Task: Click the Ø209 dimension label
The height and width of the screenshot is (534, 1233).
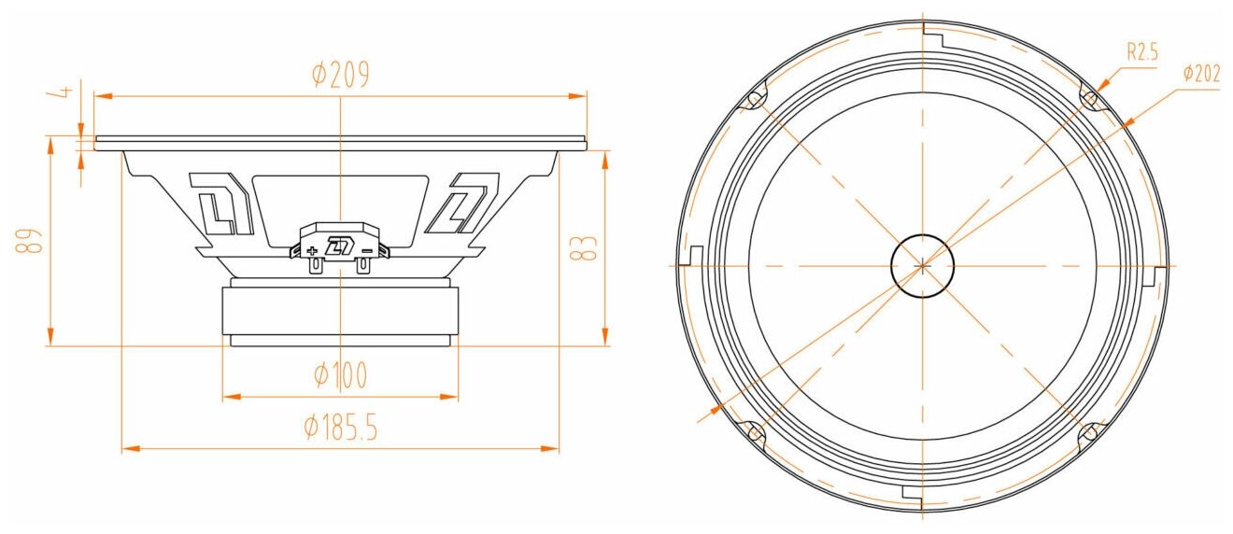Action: [341, 76]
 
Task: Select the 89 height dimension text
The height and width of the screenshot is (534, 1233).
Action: [32, 242]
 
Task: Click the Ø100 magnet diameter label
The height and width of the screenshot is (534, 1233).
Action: [340, 376]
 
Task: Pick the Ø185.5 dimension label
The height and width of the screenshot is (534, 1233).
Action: [340, 429]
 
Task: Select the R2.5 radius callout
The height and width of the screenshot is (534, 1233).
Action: [1141, 53]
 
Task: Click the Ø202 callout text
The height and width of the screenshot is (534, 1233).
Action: [1200, 75]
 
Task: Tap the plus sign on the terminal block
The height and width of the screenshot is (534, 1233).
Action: [312, 251]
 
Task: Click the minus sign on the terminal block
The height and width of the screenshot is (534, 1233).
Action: [367, 251]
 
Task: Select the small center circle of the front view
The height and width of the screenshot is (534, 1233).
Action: [922, 264]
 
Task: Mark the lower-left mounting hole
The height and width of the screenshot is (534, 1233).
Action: [754, 431]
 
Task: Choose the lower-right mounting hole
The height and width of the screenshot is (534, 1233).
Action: [1090, 431]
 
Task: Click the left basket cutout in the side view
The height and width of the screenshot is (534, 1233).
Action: [221, 203]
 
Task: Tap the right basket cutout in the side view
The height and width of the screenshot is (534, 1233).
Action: [462, 203]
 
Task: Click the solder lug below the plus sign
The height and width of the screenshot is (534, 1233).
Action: [316, 265]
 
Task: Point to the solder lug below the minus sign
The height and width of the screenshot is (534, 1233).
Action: [363, 265]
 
